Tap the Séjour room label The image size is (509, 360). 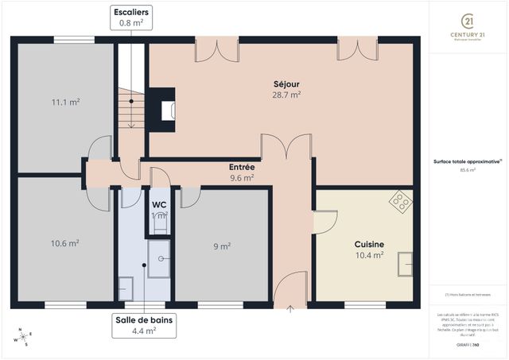(x=286, y=83)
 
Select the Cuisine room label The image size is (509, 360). (x=369, y=245)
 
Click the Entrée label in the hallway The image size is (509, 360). (x=242, y=168)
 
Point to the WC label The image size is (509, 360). (x=159, y=204)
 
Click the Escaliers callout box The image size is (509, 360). (x=130, y=17)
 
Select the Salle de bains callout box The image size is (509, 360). (x=143, y=326)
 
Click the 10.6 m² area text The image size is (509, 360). (x=65, y=243)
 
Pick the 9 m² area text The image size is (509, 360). (x=222, y=246)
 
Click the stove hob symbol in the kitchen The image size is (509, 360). (x=400, y=201)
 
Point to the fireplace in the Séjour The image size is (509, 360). (x=165, y=109)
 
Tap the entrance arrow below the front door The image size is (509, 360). (x=290, y=308)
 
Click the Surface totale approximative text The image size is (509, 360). (x=468, y=161)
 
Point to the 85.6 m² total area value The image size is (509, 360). (x=468, y=169)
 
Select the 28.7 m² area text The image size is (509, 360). (x=286, y=95)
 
